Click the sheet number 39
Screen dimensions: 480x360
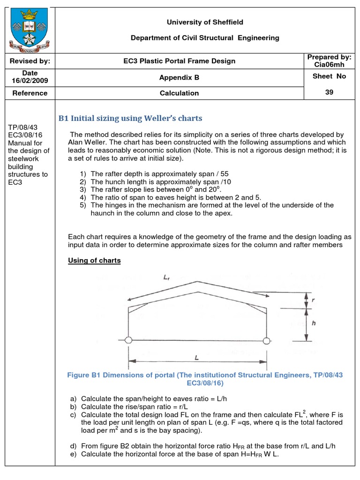click(x=329, y=92)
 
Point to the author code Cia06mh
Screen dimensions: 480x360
click(x=329, y=65)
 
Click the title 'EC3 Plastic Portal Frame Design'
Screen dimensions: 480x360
click(x=180, y=61)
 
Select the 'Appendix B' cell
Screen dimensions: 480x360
click(x=180, y=78)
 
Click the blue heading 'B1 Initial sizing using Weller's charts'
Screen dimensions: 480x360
click(x=130, y=118)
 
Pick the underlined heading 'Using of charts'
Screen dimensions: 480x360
click(x=94, y=261)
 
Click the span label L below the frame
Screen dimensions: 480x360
click(x=196, y=358)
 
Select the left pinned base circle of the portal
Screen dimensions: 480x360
click(x=128, y=340)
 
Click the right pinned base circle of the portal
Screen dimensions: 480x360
click(x=267, y=340)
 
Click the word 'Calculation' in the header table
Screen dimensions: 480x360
click(x=180, y=93)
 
